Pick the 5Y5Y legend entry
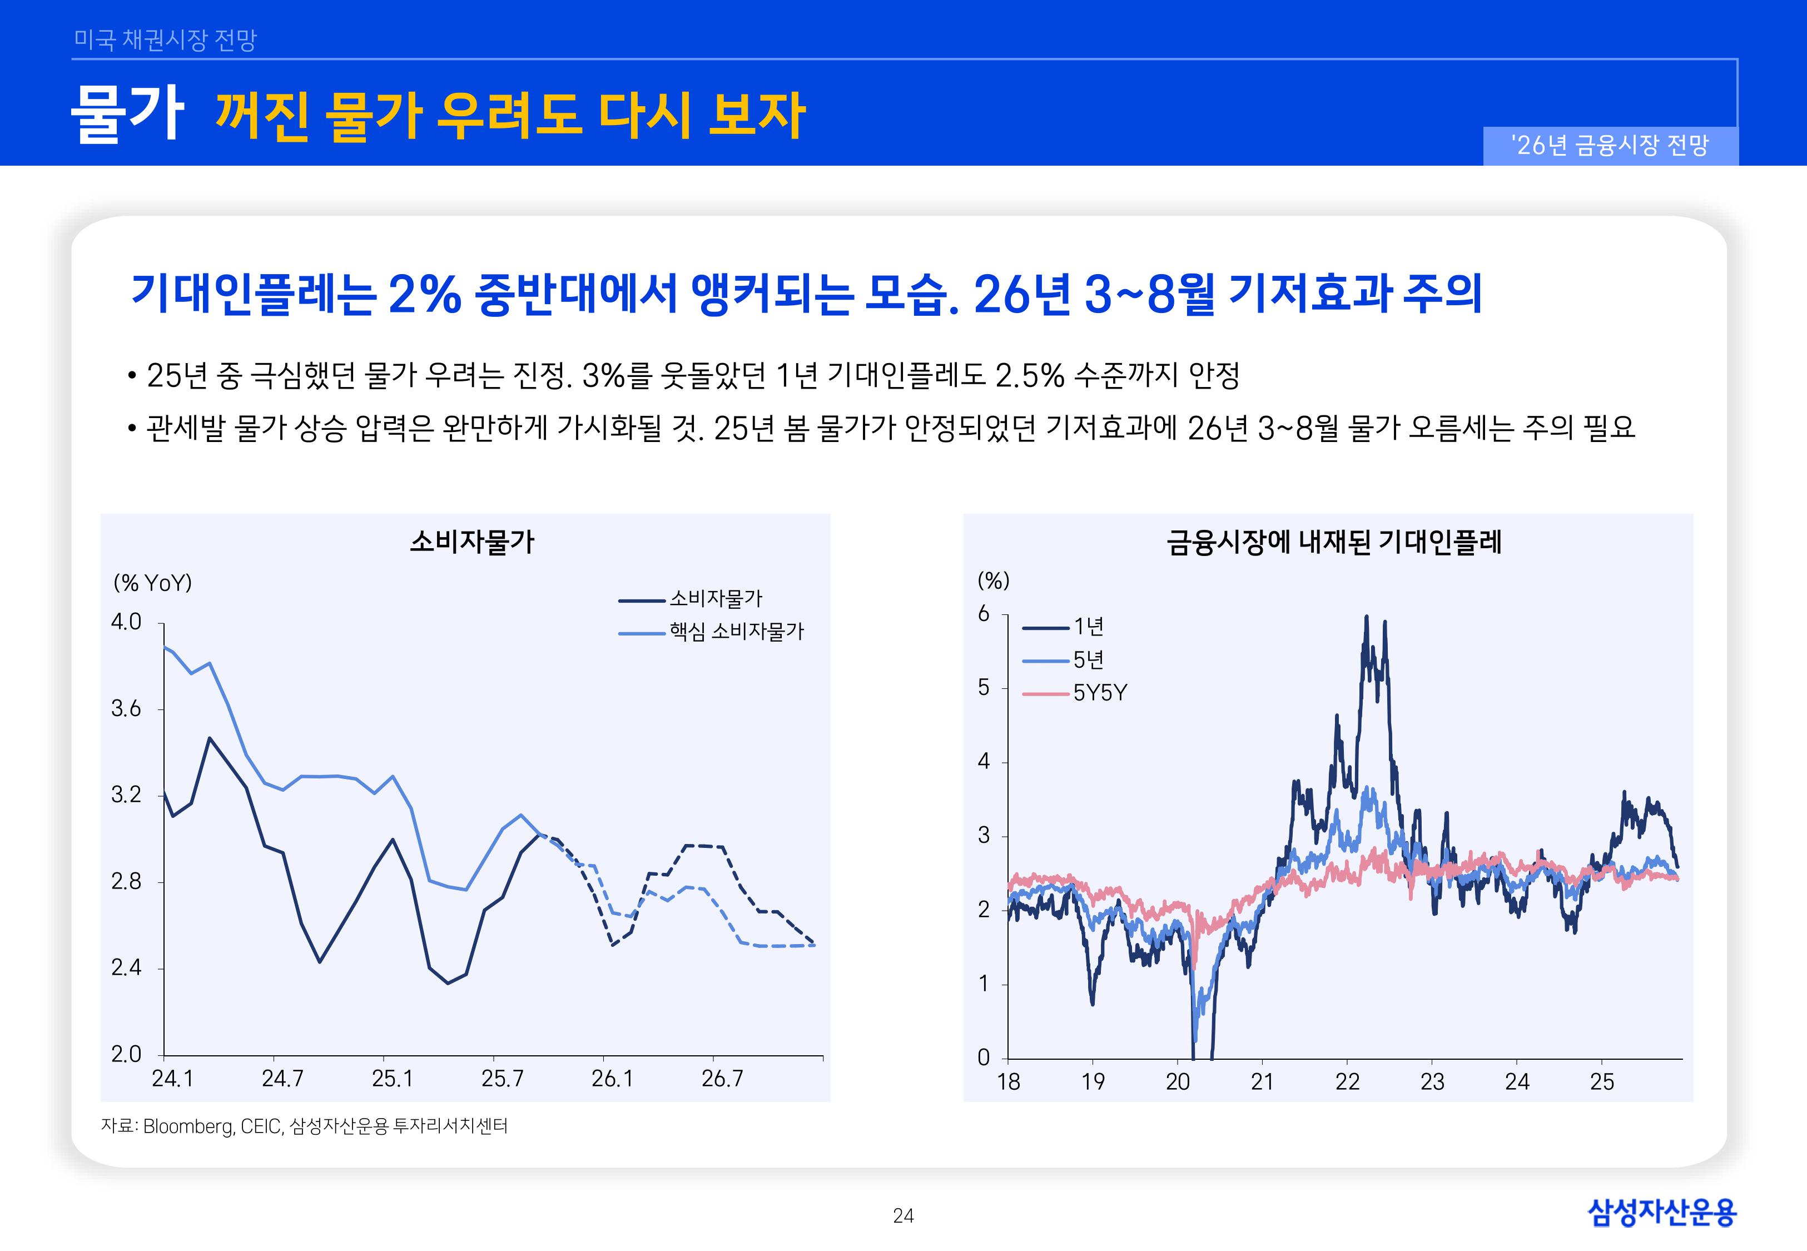pos(1099,693)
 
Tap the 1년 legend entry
pos(1088,626)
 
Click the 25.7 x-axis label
pos(502,1079)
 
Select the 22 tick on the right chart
pos(1347,1081)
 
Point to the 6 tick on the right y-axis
pos(984,614)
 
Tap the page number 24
pos(903,1216)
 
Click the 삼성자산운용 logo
pos(1661,1212)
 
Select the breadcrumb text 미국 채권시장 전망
pos(165,39)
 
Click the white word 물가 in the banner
pos(127,113)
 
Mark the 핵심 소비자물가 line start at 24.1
pos(165,647)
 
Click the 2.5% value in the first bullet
pos(1029,375)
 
